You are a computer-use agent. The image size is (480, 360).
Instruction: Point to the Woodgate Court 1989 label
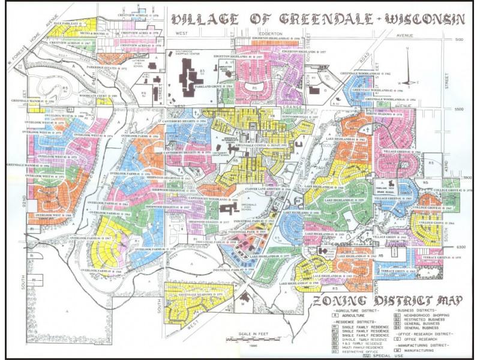(94, 96)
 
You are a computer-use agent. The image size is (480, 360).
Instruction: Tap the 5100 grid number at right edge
(460, 39)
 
